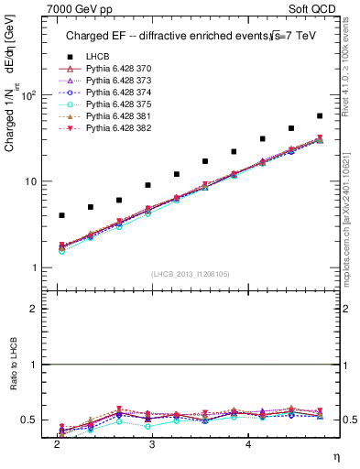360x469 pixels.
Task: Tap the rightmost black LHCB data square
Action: click(319, 116)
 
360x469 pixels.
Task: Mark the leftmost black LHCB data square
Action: click(61, 215)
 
